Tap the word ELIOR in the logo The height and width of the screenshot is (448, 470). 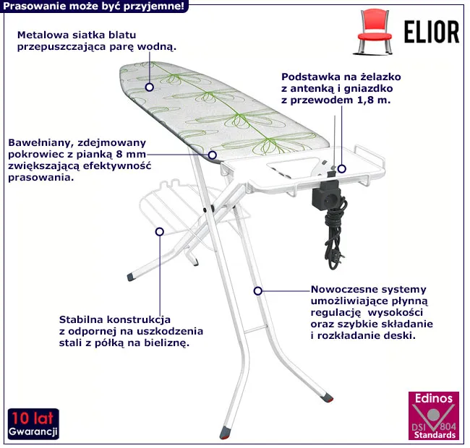click(x=429, y=32)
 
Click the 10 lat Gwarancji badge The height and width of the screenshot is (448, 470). click(x=33, y=424)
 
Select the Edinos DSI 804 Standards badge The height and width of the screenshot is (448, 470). click(x=433, y=417)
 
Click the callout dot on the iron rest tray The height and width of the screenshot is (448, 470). click(x=343, y=168)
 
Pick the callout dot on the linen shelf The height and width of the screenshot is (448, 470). click(x=159, y=231)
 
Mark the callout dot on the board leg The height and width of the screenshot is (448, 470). click(x=257, y=290)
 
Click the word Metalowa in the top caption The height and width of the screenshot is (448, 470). click(x=40, y=35)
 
